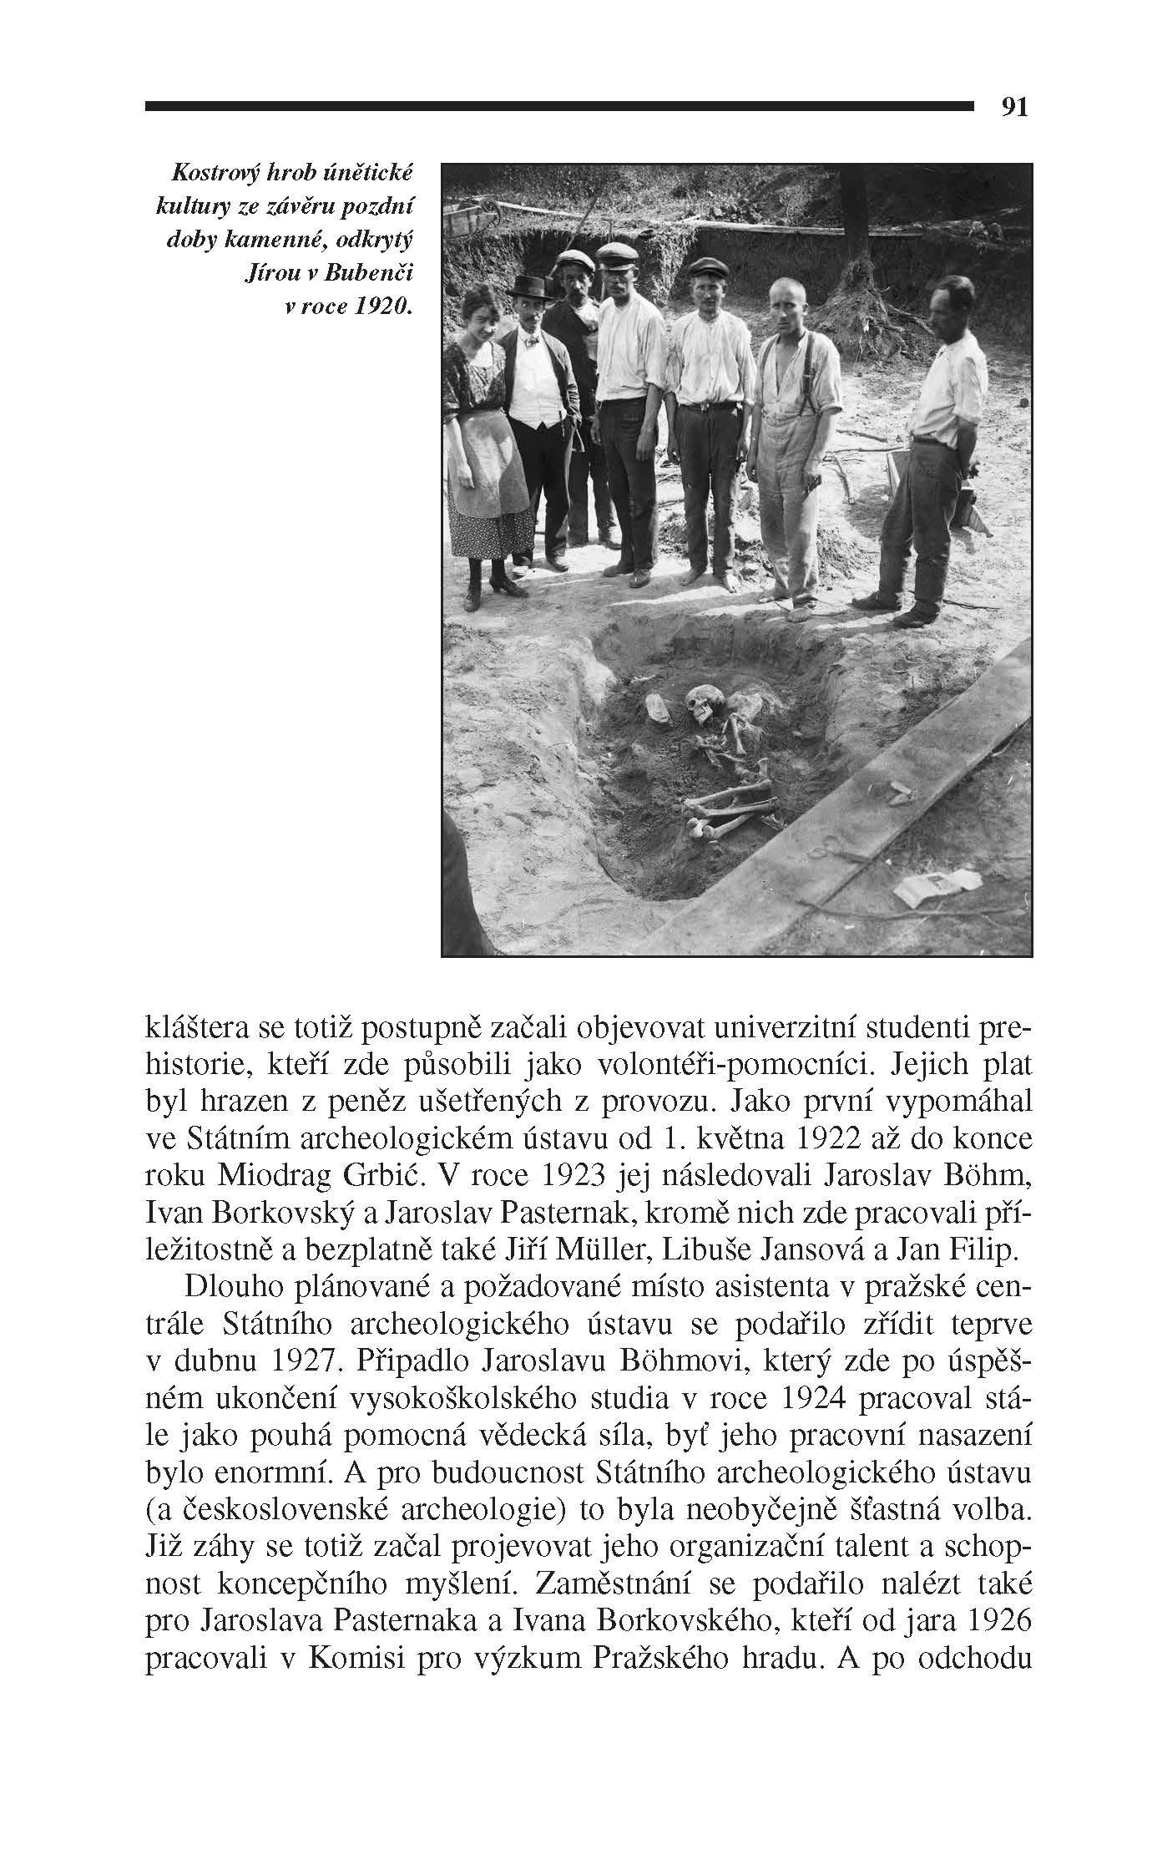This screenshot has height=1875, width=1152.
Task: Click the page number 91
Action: pyautogui.click(x=1014, y=107)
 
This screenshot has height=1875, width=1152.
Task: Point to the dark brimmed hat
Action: pyautogui.click(x=531, y=287)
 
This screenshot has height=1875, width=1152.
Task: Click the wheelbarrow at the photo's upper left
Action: pyautogui.click(x=472, y=214)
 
